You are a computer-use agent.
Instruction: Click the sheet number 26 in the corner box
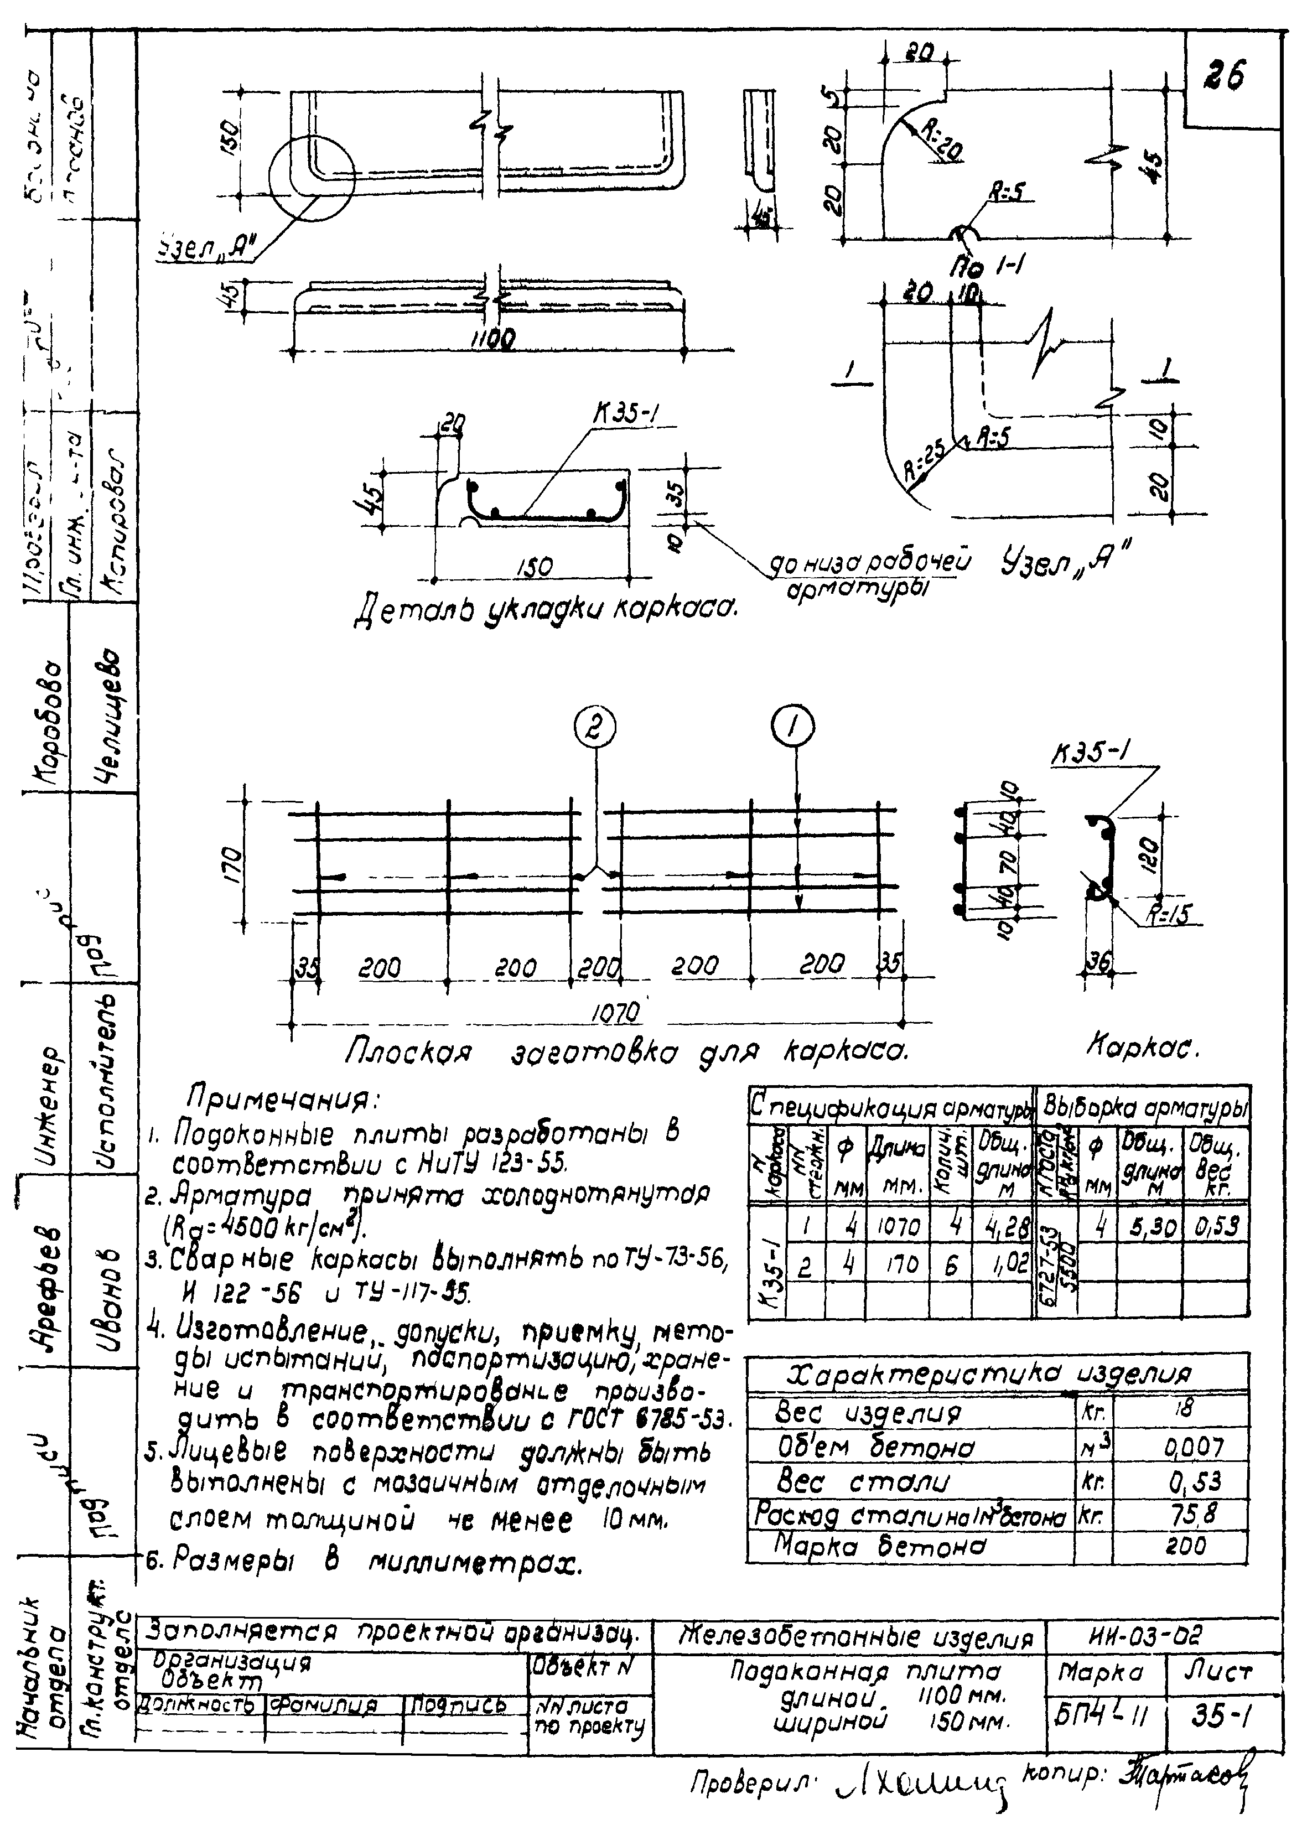point(1225,76)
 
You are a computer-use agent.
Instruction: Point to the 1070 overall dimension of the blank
point(616,1012)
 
